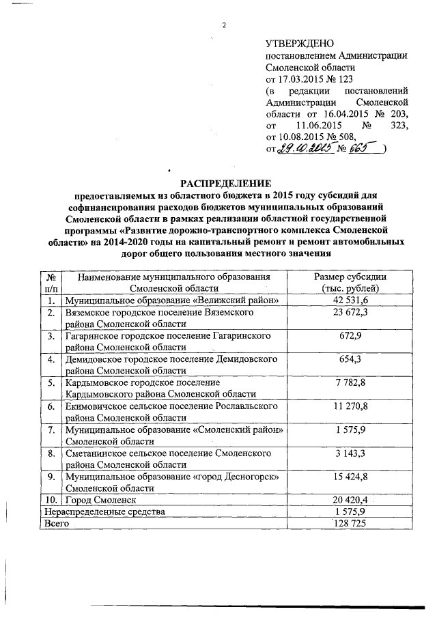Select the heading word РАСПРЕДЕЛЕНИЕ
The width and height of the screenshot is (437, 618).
click(x=225, y=183)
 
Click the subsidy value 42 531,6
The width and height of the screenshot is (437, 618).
click(x=350, y=300)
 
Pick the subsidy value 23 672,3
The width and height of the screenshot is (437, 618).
click(x=350, y=312)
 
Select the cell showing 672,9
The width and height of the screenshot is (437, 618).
click(x=350, y=336)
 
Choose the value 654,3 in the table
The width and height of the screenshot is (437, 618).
click(x=350, y=359)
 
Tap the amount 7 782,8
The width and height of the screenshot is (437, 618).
click(x=350, y=382)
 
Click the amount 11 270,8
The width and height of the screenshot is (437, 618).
click(x=350, y=406)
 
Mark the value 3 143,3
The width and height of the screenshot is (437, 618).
click(x=350, y=453)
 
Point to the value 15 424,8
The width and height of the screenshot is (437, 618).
click(x=350, y=477)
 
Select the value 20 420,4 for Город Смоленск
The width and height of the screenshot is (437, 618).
click(x=350, y=501)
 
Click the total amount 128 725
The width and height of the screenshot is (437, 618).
click(x=350, y=523)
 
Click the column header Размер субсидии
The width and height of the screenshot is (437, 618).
click(x=350, y=277)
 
